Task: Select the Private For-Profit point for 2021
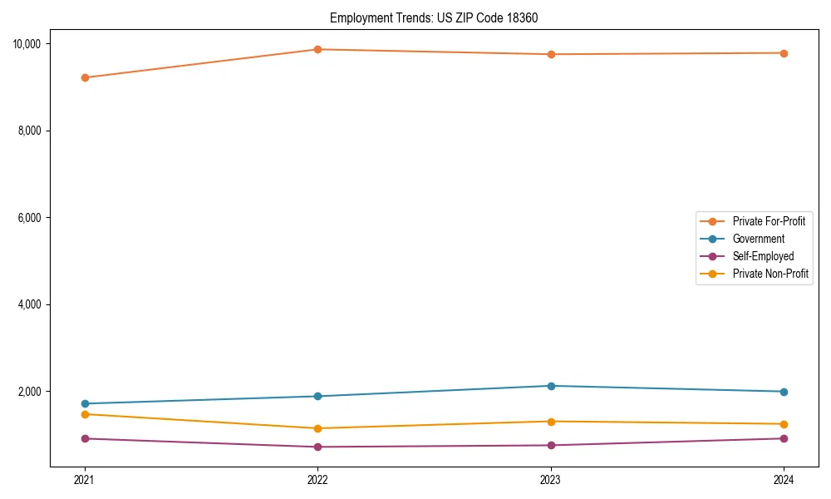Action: point(85,77)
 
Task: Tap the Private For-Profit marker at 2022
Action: point(317,49)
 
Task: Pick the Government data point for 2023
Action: point(550,386)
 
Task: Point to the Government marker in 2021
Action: point(85,403)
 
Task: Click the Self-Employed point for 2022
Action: point(317,447)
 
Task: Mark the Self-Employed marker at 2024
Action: point(784,438)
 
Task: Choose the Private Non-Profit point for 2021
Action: point(85,414)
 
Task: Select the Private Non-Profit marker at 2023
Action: point(550,422)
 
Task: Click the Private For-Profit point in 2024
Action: point(784,53)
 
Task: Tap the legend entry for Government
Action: point(758,239)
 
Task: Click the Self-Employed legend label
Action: point(763,256)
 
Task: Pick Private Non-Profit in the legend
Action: point(770,274)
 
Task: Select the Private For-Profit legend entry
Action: point(769,221)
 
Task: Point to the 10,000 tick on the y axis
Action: point(30,43)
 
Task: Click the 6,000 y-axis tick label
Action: point(32,218)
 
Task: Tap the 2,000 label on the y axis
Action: point(32,392)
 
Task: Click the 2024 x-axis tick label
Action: point(784,480)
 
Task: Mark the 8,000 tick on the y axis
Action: point(32,131)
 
